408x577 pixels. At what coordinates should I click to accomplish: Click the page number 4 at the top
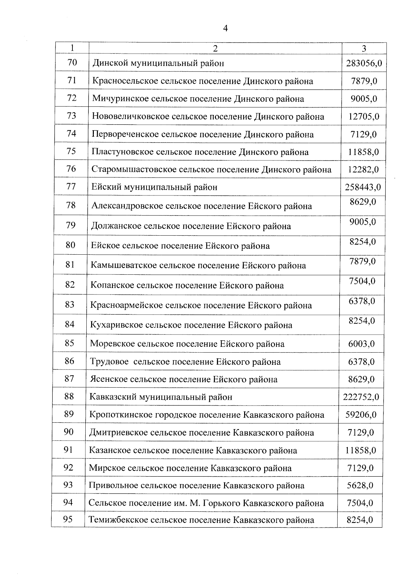coord(225,29)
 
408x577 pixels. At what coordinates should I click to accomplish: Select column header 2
coord(215,49)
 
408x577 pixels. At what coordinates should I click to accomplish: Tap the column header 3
coord(364,49)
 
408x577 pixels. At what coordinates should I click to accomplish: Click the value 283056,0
coord(364,63)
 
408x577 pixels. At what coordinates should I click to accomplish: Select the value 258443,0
coord(363,187)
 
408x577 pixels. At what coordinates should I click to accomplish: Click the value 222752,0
coord(361,397)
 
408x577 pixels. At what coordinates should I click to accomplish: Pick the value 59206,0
coord(361,415)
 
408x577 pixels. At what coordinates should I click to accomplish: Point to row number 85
coord(69,343)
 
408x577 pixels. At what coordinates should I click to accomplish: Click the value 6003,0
coord(361,344)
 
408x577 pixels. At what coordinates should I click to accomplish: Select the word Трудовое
coord(109,361)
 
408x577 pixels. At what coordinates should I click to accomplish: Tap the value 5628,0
coord(360,486)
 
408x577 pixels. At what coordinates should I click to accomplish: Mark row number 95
coord(68,519)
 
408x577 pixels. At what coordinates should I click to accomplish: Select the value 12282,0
coord(363,170)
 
